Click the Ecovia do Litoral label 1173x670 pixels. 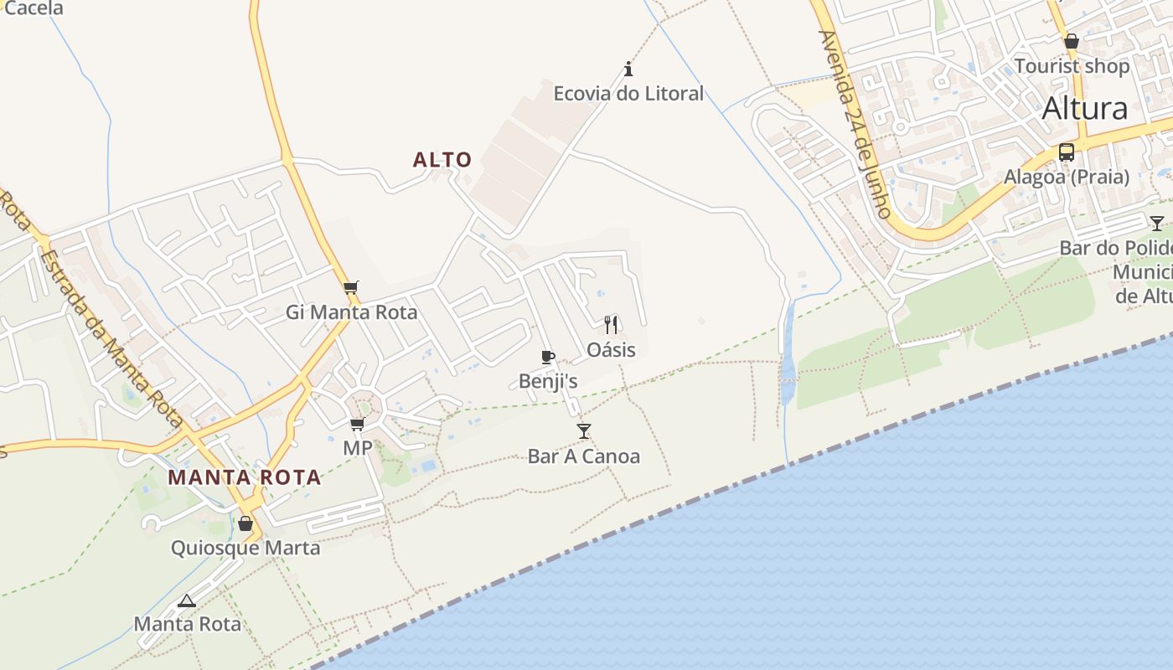click(628, 93)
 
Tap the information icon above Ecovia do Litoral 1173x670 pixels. click(628, 68)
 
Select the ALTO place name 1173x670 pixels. click(442, 159)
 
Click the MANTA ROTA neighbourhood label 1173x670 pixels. click(245, 477)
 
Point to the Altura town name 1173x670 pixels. click(1085, 109)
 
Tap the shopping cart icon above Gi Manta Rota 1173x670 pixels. click(351, 287)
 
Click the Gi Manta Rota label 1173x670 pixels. click(351, 312)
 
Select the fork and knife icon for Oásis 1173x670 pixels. click(611, 324)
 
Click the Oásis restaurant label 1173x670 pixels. click(611, 349)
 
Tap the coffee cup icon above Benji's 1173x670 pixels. click(547, 358)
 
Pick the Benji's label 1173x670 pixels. click(548, 382)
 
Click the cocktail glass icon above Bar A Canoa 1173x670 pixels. click(584, 430)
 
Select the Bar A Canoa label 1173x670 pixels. click(584, 456)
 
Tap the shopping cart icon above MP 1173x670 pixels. click(358, 424)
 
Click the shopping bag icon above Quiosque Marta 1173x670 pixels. click(245, 523)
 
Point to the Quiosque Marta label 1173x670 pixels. click(245, 549)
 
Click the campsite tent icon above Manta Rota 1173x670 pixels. click(187, 600)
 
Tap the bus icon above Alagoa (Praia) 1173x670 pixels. click(1067, 152)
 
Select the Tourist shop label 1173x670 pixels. click(1072, 66)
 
